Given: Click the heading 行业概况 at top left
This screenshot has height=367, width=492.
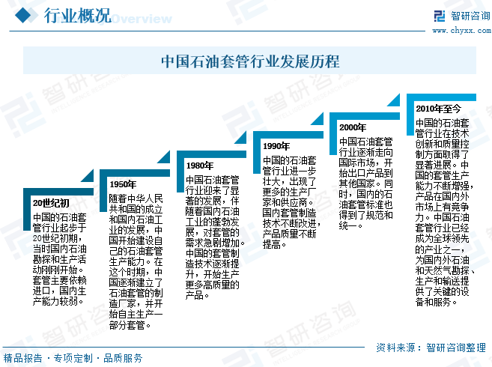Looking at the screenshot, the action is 77,16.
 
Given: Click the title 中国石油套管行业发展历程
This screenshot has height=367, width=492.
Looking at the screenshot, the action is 250,61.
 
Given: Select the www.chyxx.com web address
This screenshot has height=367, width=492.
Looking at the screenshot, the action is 461,31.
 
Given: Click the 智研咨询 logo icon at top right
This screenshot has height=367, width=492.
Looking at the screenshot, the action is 440,16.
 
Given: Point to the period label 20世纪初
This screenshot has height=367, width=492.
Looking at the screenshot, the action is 51,204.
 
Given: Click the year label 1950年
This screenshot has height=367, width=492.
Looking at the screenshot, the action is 123,184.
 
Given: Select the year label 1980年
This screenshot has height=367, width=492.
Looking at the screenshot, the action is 199,166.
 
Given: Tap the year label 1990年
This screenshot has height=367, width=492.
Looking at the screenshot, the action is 276,146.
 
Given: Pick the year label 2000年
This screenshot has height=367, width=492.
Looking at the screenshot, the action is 353,127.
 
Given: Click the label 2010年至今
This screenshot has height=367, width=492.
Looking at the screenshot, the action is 438,109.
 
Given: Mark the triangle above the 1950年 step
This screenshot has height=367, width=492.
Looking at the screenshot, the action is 164,157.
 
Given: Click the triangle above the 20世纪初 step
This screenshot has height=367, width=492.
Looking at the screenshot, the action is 88,176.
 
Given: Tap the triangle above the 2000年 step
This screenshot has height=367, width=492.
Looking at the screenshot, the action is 394,100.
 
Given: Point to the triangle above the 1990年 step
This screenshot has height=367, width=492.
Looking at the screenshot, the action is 318,118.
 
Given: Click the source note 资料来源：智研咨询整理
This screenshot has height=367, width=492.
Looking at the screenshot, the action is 431,348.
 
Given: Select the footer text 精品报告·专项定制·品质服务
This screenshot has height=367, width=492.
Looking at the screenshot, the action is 73,358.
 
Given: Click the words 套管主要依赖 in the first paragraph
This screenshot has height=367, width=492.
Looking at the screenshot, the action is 60,280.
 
